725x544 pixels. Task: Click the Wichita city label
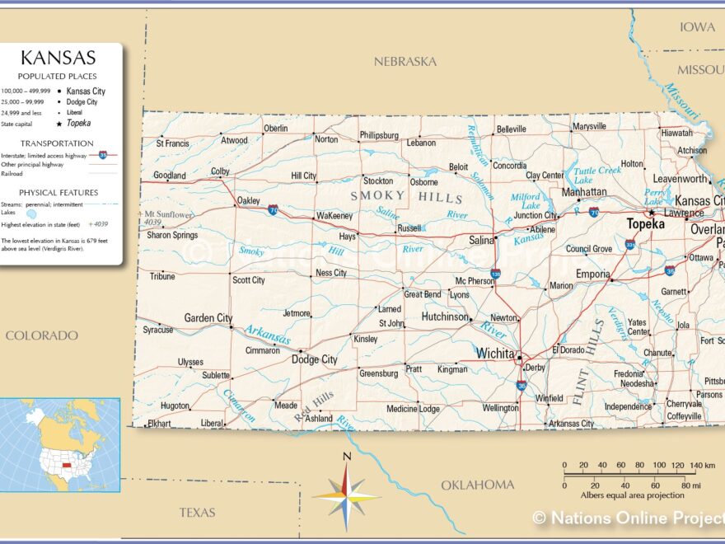click(x=494, y=354)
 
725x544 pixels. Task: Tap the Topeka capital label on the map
click(x=645, y=224)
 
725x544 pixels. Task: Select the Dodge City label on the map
click(x=314, y=359)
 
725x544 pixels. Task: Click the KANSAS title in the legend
click(x=58, y=58)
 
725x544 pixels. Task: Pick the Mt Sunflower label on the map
click(x=168, y=214)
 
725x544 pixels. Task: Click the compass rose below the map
click(x=346, y=495)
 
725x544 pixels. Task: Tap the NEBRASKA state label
click(x=405, y=62)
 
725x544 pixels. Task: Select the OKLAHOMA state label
click(x=477, y=485)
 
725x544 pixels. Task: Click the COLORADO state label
click(x=41, y=335)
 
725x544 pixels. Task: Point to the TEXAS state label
click(x=197, y=513)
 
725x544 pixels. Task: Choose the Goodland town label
click(x=169, y=176)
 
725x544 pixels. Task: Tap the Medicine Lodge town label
click(x=413, y=409)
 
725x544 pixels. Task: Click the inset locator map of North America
click(x=59, y=444)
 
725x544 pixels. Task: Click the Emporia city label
click(x=593, y=274)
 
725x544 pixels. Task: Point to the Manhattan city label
click(x=584, y=192)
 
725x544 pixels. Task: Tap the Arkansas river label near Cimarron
click(x=267, y=335)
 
